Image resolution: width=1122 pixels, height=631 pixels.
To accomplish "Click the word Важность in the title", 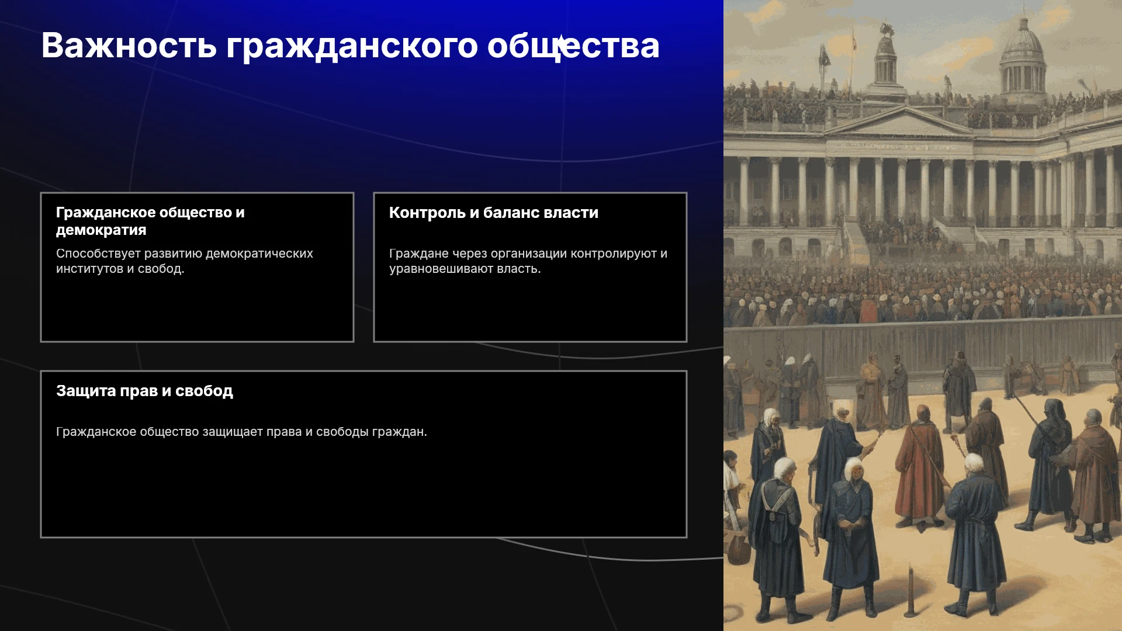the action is click(129, 46).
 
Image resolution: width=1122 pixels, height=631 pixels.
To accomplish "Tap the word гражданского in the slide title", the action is click(352, 47).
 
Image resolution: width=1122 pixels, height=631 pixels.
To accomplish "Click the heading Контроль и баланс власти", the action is click(494, 213).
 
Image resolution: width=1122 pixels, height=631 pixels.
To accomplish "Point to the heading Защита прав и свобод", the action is click(144, 391).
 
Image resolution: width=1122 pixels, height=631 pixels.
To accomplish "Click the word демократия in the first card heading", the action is click(101, 230).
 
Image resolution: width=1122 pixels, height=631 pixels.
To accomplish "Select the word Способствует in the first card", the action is click(98, 254).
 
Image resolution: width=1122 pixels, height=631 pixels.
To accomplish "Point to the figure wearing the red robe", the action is click(919, 467).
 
